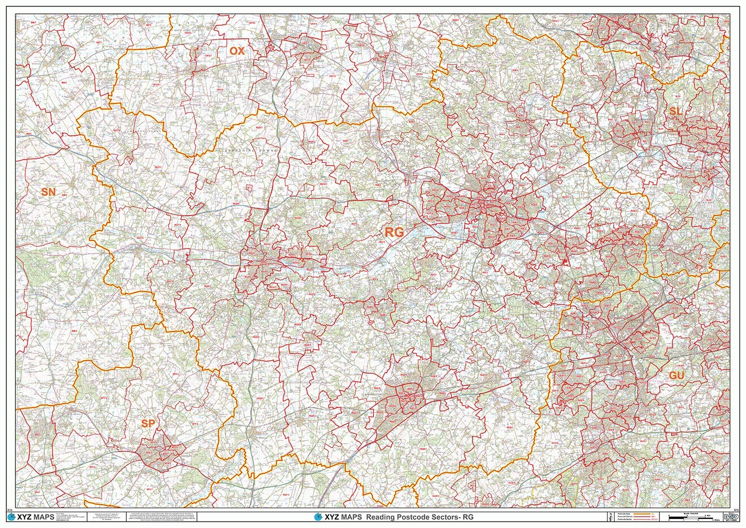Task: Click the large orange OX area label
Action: pos(237,51)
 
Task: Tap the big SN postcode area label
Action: pos(48,192)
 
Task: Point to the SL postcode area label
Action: pos(675,111)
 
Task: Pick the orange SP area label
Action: pos(148,423)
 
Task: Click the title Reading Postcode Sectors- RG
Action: pos(420,518)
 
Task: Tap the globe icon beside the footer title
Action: pos(319,518)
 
